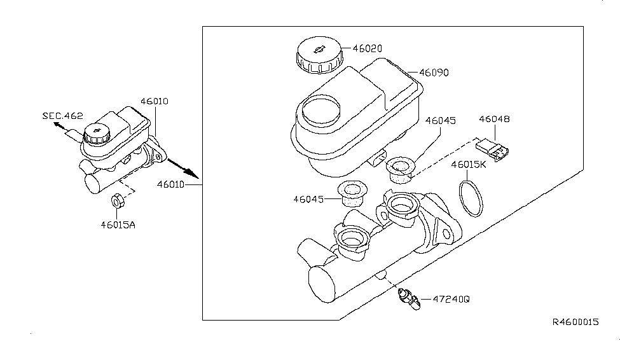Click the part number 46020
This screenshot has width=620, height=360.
coord(368,49)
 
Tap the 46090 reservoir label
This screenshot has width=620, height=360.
coord(434,73)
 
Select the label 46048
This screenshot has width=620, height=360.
coord(494,119)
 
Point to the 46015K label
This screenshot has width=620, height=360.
coord(469,165)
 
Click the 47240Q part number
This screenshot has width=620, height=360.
coord(451,299)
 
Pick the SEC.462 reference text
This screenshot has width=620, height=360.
coord(63,116)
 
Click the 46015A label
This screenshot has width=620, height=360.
coord(118,225)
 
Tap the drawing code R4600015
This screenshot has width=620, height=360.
coord(575,322)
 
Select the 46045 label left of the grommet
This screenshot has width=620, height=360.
coord(308,199)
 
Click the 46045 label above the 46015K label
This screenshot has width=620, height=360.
coord(441,121)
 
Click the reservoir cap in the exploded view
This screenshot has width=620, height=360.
coord(319,55)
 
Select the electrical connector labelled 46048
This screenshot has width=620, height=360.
coord(492,149)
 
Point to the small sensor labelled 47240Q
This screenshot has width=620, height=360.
coord(410,299)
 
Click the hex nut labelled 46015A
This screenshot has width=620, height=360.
coord(118,200)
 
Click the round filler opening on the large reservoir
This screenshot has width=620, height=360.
coord(320,111)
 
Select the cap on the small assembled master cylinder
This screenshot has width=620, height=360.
coord(95,133)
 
